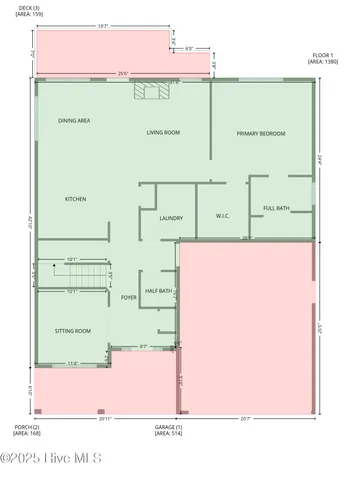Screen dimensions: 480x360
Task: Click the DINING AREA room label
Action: (74, 120)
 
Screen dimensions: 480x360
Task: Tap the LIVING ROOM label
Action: (163, 132)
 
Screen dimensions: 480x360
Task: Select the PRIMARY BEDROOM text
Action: (261, 133)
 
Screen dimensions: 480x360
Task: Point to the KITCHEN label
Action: (76, 199)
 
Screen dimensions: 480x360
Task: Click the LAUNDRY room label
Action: (170, 217)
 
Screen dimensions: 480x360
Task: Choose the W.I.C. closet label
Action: (224, 215)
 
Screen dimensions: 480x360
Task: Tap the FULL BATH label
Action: (276, 208)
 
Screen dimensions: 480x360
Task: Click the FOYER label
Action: (129, 297)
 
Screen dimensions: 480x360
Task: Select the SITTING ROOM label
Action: (72, 330)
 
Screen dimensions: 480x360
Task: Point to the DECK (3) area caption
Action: (29, 11)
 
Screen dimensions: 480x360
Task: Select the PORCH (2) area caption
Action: (27, 430)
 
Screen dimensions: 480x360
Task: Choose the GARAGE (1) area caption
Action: (168, 430)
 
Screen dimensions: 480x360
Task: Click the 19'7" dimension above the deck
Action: (96, 26)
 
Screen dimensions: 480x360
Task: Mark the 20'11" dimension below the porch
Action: (105, 419)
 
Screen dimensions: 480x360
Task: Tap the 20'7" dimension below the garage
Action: (246, 419)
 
